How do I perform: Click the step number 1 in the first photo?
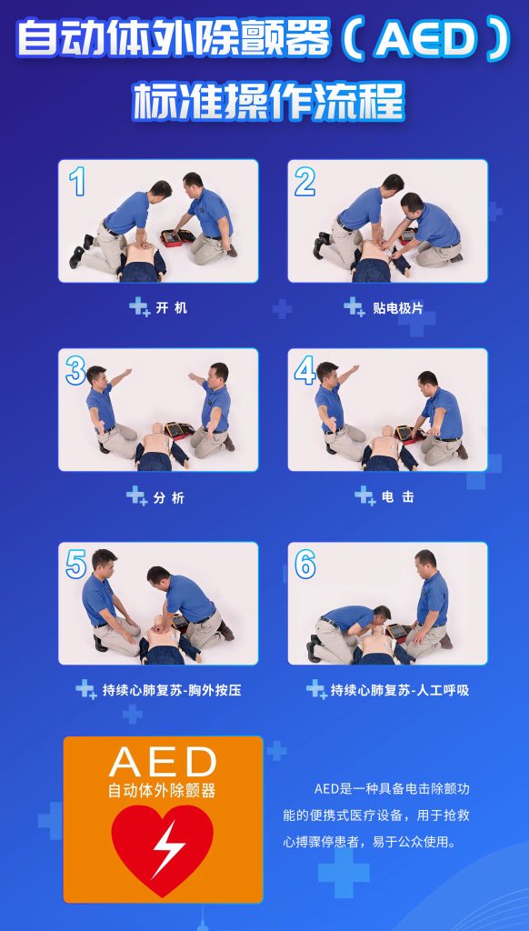point(76,181)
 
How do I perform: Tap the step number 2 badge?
point(304,181)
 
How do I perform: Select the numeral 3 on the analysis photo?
point(75,371)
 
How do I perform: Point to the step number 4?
point(304,371)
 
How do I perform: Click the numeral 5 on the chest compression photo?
point(76,564)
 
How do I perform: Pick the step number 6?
point(304,564)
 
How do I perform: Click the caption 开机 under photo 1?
point(171,307)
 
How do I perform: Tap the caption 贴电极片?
point(398,307)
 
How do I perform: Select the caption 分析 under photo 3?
point(169,497)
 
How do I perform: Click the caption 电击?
point(398,497)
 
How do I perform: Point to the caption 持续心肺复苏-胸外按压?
point(171,690)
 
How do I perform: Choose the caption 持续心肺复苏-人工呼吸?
point(400,690)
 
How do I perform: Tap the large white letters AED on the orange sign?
point(163,762)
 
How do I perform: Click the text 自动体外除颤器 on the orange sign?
point(162,790)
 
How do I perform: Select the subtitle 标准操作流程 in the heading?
point(268,101)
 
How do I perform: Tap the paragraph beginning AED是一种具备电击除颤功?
point(376,816)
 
